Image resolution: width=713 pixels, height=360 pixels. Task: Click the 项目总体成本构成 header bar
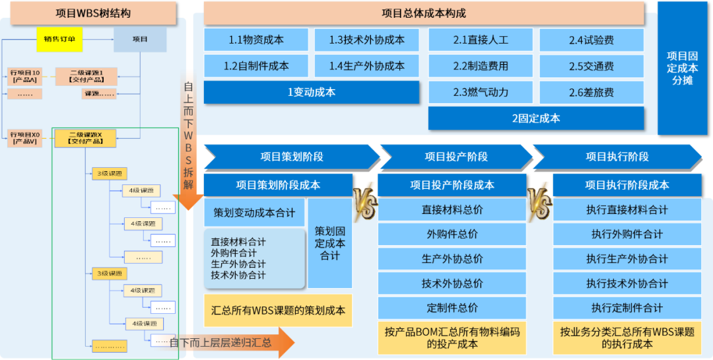click(x=423, y=13)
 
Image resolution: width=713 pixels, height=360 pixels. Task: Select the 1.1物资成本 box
click(x=256, y=40)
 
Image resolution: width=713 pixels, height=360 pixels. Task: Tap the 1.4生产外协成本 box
click(x=366, y=66)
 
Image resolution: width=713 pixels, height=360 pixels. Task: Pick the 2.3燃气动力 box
click(x=481, y=92)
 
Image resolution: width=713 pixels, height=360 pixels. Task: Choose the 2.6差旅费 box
click(x=591, y=92)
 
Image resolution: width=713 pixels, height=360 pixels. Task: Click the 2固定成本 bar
click(x=535, y=118)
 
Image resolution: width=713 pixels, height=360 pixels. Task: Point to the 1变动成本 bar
click(x=311, y=92)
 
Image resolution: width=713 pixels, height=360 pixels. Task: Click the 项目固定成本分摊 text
click(x=682, y=69)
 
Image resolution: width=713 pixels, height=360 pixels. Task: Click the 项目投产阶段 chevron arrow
click(x=456, y=157)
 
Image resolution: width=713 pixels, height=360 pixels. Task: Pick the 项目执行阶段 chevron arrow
click(x=617, y=157)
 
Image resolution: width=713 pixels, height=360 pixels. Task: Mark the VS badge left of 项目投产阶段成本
click(x=365, y=200)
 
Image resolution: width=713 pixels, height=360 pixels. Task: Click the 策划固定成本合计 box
click(x=329, y=243)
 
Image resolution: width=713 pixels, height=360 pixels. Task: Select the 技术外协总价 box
click(x=452, y=283)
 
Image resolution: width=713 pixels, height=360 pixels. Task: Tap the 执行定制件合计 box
click(x=627, y=308)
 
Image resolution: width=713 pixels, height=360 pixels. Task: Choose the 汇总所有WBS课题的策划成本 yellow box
click(x=278, y=310)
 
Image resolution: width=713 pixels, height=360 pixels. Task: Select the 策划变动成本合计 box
click(x=254, y=213)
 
